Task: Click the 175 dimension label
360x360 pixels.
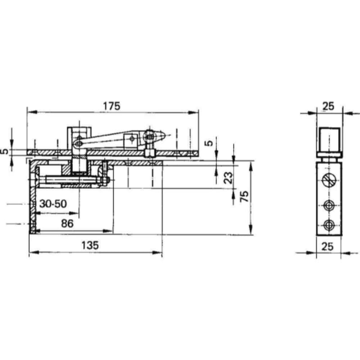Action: click(x=112, y=106)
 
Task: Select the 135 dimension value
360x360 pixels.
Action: click(x=90, y=245)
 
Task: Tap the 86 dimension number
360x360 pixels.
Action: click(x=67, y=224)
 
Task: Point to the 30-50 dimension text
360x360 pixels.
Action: click(x=53, y=204)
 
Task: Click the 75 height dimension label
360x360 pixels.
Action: click(x=244, y=196)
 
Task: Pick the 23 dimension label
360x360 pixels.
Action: click(x=228, y=178)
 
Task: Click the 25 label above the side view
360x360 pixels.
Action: click(x=328, y=106)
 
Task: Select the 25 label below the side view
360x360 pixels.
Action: click(x=328, y=247)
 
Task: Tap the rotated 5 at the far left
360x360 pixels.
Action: click(x=4, y=152)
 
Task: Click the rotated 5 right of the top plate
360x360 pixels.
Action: click(x=209, y=143)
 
